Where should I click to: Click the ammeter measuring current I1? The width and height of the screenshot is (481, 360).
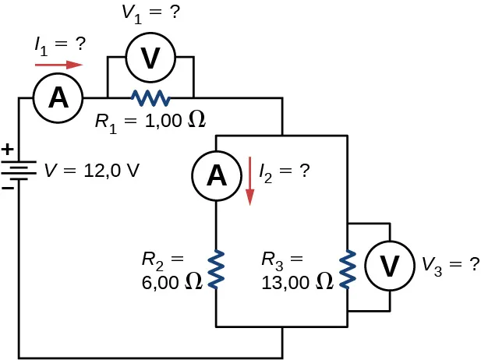tap(57, 97)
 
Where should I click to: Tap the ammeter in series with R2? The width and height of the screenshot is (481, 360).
tap(216, 176)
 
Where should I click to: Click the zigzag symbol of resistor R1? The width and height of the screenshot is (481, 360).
tap(150, 98)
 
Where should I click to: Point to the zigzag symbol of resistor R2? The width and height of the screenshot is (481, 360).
tap(216, 269)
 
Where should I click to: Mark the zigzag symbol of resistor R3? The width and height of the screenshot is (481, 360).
tap(346, 269)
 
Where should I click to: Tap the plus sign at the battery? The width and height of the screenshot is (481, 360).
tap(8, 148)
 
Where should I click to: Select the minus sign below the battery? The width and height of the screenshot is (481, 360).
tap(8, 189)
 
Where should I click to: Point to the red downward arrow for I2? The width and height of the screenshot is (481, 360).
tap(249, 181)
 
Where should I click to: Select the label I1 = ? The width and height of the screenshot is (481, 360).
tap(58, 46)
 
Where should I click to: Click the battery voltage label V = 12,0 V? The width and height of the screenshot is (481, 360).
tap(91, 170)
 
